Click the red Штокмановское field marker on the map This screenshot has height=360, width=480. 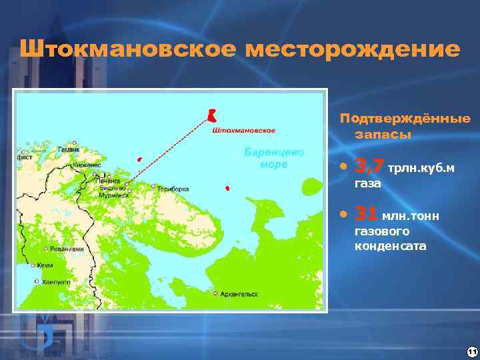pos(212,115)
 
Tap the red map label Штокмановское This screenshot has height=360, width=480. pos(243,130)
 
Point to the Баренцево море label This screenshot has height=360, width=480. pos(275,158)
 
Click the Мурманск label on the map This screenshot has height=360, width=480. pos(114,194)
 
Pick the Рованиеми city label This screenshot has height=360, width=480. pos(67,249)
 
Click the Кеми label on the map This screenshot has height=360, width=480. pos(45,265)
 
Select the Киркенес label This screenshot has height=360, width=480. pos(88,165)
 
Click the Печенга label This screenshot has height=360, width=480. pos(107,180)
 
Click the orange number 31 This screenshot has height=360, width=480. pos(366,214)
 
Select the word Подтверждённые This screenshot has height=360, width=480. pos(405,119)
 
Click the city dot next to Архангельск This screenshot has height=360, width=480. pos(215,293)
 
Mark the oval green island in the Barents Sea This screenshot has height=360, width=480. pos(310,187)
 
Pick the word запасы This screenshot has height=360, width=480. pos(383,134)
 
